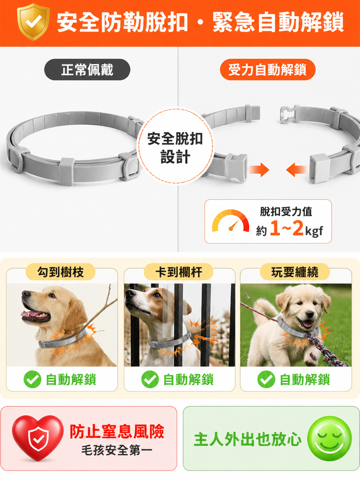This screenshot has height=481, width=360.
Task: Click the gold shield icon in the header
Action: click(x=33, y=21)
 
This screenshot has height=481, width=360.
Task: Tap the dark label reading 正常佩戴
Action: click(x=87, y=70)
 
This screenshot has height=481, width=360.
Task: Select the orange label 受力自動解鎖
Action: click(x=267, y=70)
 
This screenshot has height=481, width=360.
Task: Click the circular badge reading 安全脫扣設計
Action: click(x=175, y=146)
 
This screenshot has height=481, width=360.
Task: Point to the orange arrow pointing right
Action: click(x=259, y=169)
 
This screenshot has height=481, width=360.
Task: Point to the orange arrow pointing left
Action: click(x=296, y=169)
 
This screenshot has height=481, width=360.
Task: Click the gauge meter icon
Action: click(x=231, y=221)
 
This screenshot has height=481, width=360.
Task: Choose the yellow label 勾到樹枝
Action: click(x=61, y=272)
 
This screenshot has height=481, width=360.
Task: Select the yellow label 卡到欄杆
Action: click(x=179, y=272)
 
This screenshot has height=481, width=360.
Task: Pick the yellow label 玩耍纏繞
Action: click(x=295, y=272)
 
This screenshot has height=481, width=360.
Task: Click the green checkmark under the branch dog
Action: click(x=32, y=379)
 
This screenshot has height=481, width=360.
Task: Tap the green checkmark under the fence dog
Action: click(x=150, y=379)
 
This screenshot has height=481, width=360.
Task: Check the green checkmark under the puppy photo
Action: click(x=266, y=379)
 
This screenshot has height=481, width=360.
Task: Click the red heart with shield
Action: click(x=38, y=437)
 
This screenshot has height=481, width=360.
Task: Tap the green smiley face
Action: click(x=329, y=439)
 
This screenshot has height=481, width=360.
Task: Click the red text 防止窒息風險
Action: click(x=117, y=431)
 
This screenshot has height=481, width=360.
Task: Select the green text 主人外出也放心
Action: click(x=248, y=439)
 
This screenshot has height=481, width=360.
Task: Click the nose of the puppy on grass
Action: click(x=309, y=315)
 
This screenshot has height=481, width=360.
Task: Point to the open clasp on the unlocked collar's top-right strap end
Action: click(x=289, y=114)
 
